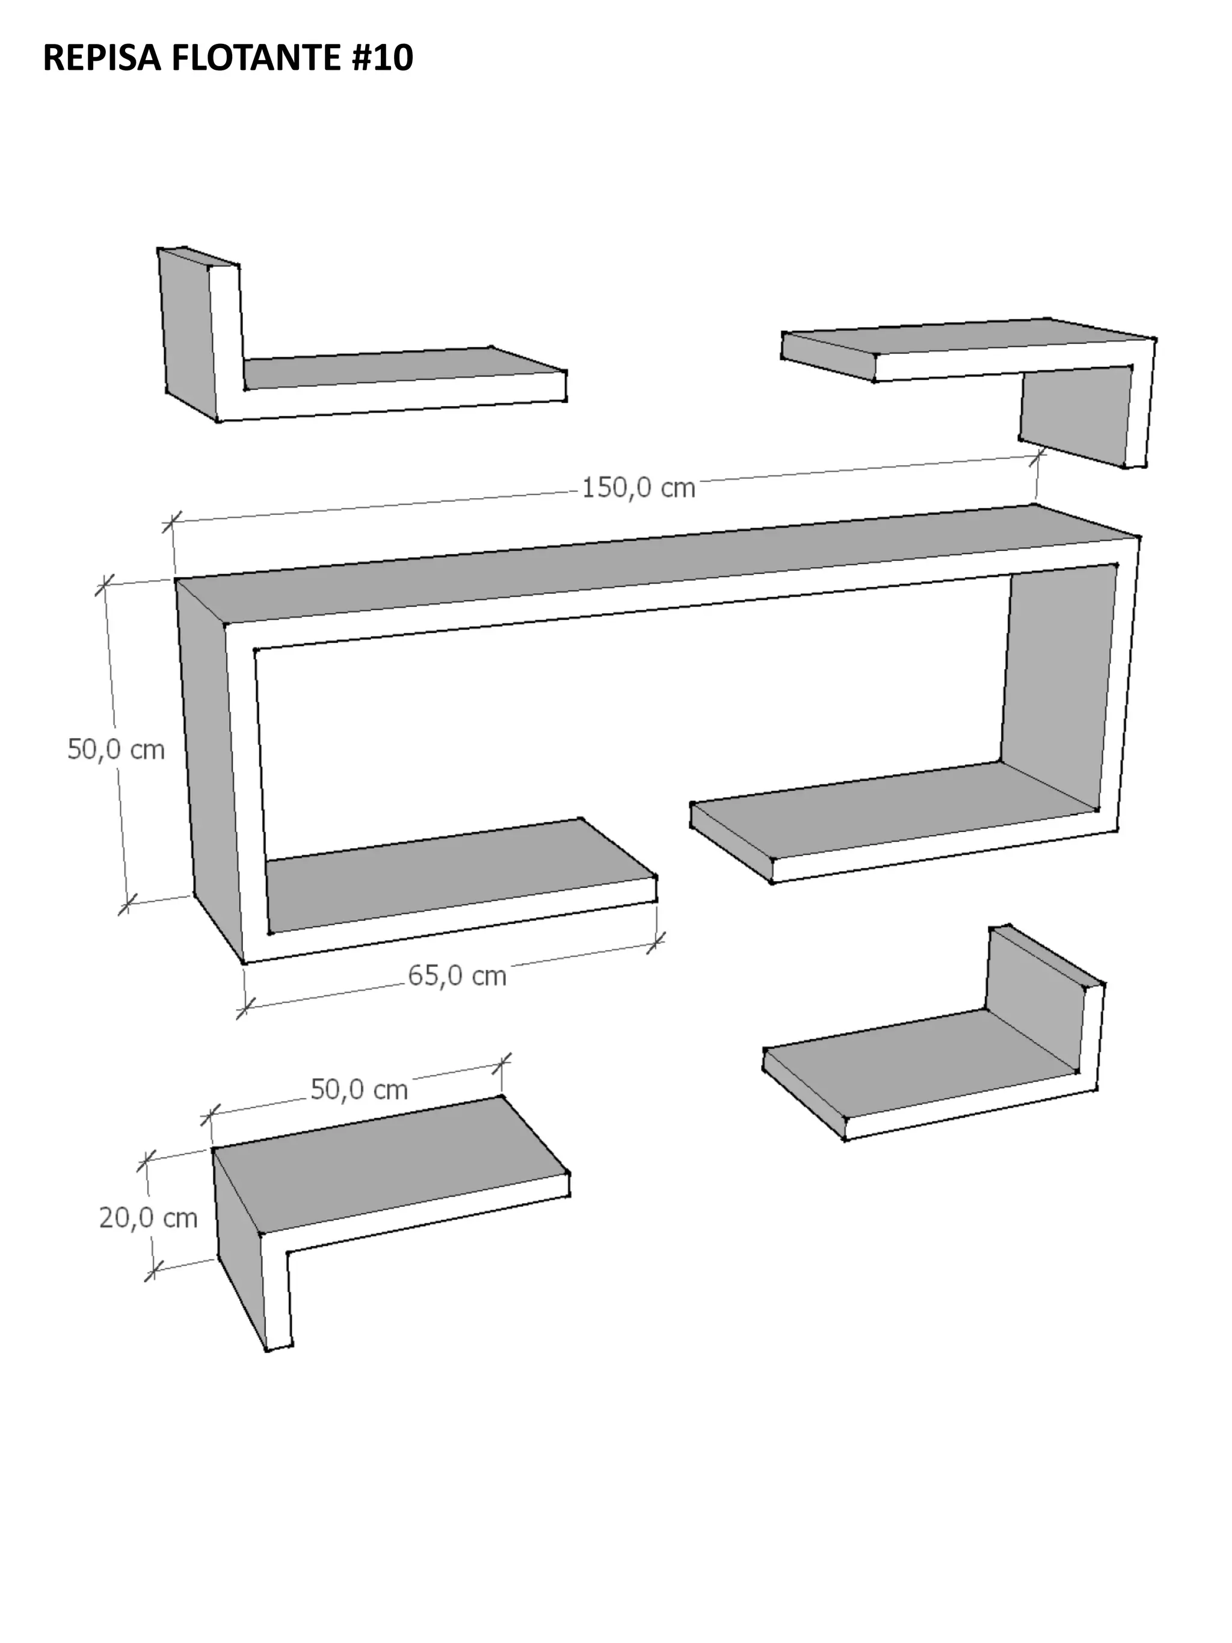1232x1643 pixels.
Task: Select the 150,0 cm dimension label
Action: [x=638, y=488]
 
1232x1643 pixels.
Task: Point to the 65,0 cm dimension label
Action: [x=457, y=975]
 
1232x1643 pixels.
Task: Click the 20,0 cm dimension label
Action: [x=149, y=1218]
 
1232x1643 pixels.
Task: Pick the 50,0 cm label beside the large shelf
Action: [x=116, y=749]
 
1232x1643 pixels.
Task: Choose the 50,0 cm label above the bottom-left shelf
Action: [x=359, y=1090]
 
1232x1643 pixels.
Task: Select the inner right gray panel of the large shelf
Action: [x=1058, y=687]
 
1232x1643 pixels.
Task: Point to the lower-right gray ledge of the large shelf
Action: [x=891, y=810]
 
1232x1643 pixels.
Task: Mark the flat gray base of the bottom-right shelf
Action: [x=921, y=1064]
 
